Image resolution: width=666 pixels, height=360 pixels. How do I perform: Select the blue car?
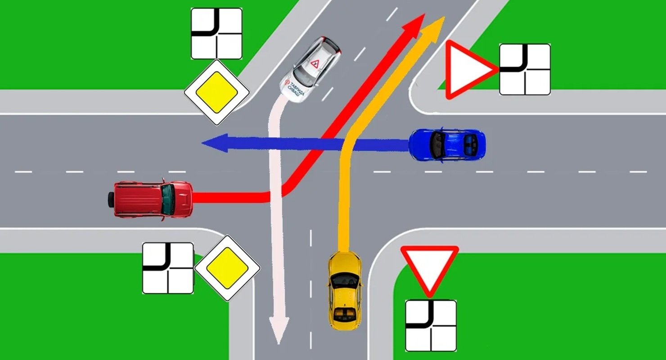click(x=447, y=144)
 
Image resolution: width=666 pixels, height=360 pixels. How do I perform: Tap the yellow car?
click(x=344, y=290)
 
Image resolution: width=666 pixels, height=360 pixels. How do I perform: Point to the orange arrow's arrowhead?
click(x=441, y=21)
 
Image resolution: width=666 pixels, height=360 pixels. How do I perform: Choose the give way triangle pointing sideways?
click(x=468, y=70)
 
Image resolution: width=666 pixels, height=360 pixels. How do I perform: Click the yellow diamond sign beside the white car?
click(x=216, y=93)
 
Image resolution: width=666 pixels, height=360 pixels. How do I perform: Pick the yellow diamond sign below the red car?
click(x=228, y=268)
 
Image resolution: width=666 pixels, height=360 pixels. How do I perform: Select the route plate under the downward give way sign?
click(x=431, y=325)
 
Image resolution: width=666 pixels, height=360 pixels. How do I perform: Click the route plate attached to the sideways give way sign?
click(x=525, y=69)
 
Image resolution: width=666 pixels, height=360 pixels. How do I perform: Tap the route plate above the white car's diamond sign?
click(x=216, y=34)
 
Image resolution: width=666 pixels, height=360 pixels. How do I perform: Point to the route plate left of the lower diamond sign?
click(x=168, y=268)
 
